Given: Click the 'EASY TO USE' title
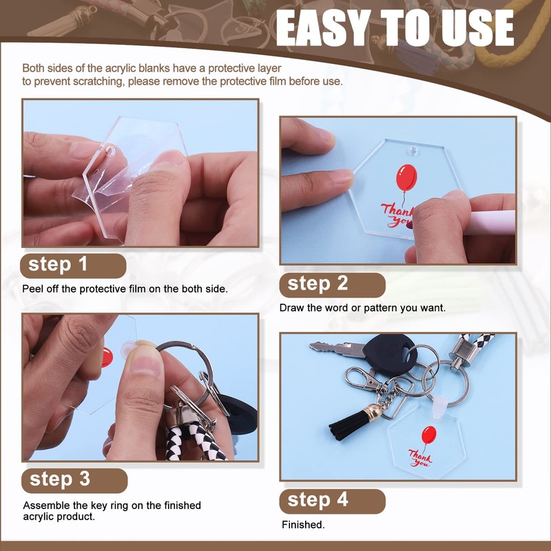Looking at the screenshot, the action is click(395, 28).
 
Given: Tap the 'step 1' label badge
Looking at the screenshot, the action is click(73, 266).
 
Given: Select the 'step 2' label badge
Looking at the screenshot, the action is click(333, 284).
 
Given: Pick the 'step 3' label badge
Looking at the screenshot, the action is click(74, 480).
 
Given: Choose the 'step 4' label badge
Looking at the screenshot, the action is click(333, 501).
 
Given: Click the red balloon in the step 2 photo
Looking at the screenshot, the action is click(406, 178).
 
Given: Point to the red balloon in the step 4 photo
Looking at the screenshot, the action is click(428, 435).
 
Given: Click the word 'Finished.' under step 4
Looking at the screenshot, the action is click(303, 525).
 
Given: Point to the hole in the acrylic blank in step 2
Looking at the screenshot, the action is click(413, 152).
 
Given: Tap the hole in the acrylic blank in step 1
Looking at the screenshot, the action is click(111, 152).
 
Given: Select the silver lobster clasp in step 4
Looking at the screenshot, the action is click(362, 380).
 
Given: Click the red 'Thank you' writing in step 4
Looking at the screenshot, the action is click(420, 458).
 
